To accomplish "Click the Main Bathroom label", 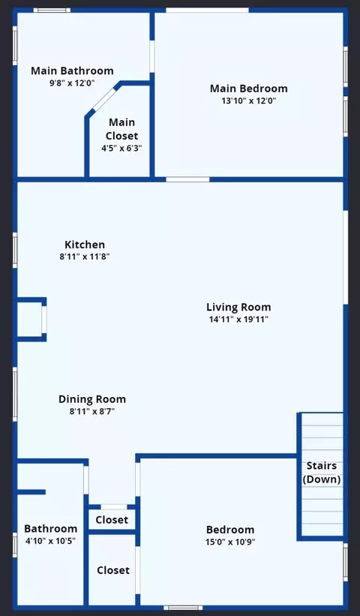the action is [x=72, y=71].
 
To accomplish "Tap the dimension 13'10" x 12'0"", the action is [x=249, y=101].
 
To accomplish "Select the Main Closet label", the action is [x=121, y=129].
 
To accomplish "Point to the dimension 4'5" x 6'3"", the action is [x=121, y=148].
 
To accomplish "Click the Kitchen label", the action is [x=85, y=245].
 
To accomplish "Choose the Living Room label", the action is [x=238, y=307].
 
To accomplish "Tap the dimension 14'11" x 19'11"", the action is [x=238, y=319].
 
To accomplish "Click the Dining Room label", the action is [x=92, y=399].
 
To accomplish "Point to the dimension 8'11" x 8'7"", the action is [x=92, y=412].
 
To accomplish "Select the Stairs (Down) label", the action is [x=322, y=472].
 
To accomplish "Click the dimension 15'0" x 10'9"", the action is [x=230, y=542].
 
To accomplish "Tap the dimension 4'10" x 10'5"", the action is [x=50, y=541].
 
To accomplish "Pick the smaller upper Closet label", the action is [x=112, y=520].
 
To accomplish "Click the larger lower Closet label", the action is [x=113, y=570].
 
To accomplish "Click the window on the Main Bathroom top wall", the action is [x=52, y=11].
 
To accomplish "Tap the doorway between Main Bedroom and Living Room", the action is [x=187, y=179].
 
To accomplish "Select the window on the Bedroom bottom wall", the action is [x=183, y=608].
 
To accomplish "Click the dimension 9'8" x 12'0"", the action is [x=72, y=83].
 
